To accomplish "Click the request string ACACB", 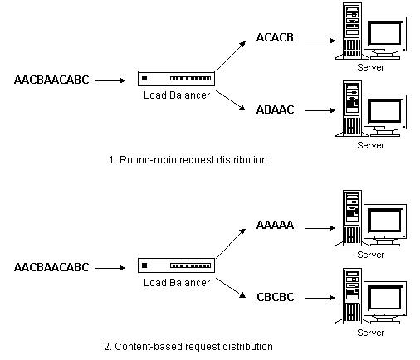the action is tap(275, 37).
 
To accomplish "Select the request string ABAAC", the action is tap(275, 109).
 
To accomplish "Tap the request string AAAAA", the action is tap(275, 225).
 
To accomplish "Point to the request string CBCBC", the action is tap(276, 297).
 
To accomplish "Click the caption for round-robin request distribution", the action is tap(188, 160).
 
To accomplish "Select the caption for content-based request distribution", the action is tap(188, 347).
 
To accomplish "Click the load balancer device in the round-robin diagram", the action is tap(176, 79).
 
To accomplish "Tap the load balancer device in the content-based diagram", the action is tap(176, 265).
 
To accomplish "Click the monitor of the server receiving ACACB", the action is tap(385, 37).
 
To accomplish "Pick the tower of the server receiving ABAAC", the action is tap(352, 109).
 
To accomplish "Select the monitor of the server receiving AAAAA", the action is tap(385, 225).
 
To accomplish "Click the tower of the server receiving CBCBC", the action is tap(352, 296).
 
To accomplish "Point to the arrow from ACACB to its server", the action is tap(320, 41).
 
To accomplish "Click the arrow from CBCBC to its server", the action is tap(320, 298).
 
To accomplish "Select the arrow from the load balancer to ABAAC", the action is tap(231, 100).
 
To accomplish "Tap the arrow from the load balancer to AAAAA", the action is tap(231, 244).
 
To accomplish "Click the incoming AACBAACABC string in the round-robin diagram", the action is tap(51, 80).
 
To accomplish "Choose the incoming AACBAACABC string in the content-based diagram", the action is tap(51, 267).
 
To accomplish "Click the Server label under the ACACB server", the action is tap(371, 67).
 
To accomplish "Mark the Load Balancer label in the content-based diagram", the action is tap(177, 283).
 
